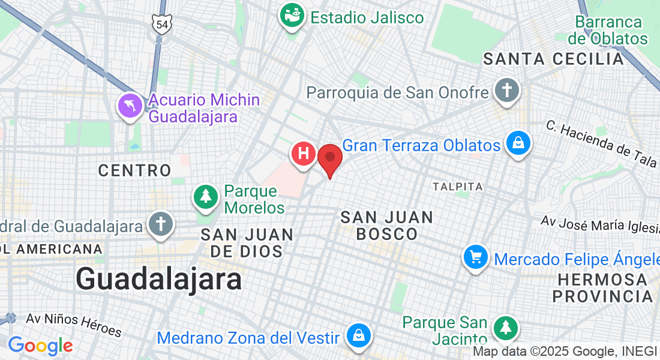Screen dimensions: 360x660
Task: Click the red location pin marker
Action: [329, 158]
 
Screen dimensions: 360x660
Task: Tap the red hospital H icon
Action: [304, 154]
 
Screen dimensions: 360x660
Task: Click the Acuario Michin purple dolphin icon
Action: [130, 106]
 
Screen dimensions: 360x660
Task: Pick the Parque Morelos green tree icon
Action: [206, 196]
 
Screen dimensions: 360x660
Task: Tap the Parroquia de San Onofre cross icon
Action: [506, 91]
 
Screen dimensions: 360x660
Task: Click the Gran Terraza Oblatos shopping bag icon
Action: [516, 143]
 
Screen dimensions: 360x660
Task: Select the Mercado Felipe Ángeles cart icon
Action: [476, 258]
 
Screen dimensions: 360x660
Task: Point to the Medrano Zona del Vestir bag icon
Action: [358, 335]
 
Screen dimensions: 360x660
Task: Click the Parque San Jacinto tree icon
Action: [506, 328]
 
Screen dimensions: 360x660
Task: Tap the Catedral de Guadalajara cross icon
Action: [160, 224]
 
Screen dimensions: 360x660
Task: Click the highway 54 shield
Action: [161, 24]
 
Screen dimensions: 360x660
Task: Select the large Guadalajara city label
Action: [159, 279]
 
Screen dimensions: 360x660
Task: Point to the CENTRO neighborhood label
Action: [135, 170]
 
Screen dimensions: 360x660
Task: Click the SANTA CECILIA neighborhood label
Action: [554, 59]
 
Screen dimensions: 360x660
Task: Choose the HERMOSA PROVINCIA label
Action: [602, 288]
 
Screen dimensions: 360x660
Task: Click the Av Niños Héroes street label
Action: [74, 325]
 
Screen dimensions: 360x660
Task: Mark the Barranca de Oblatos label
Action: [608, 31]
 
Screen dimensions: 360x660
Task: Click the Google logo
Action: [40, 346]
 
